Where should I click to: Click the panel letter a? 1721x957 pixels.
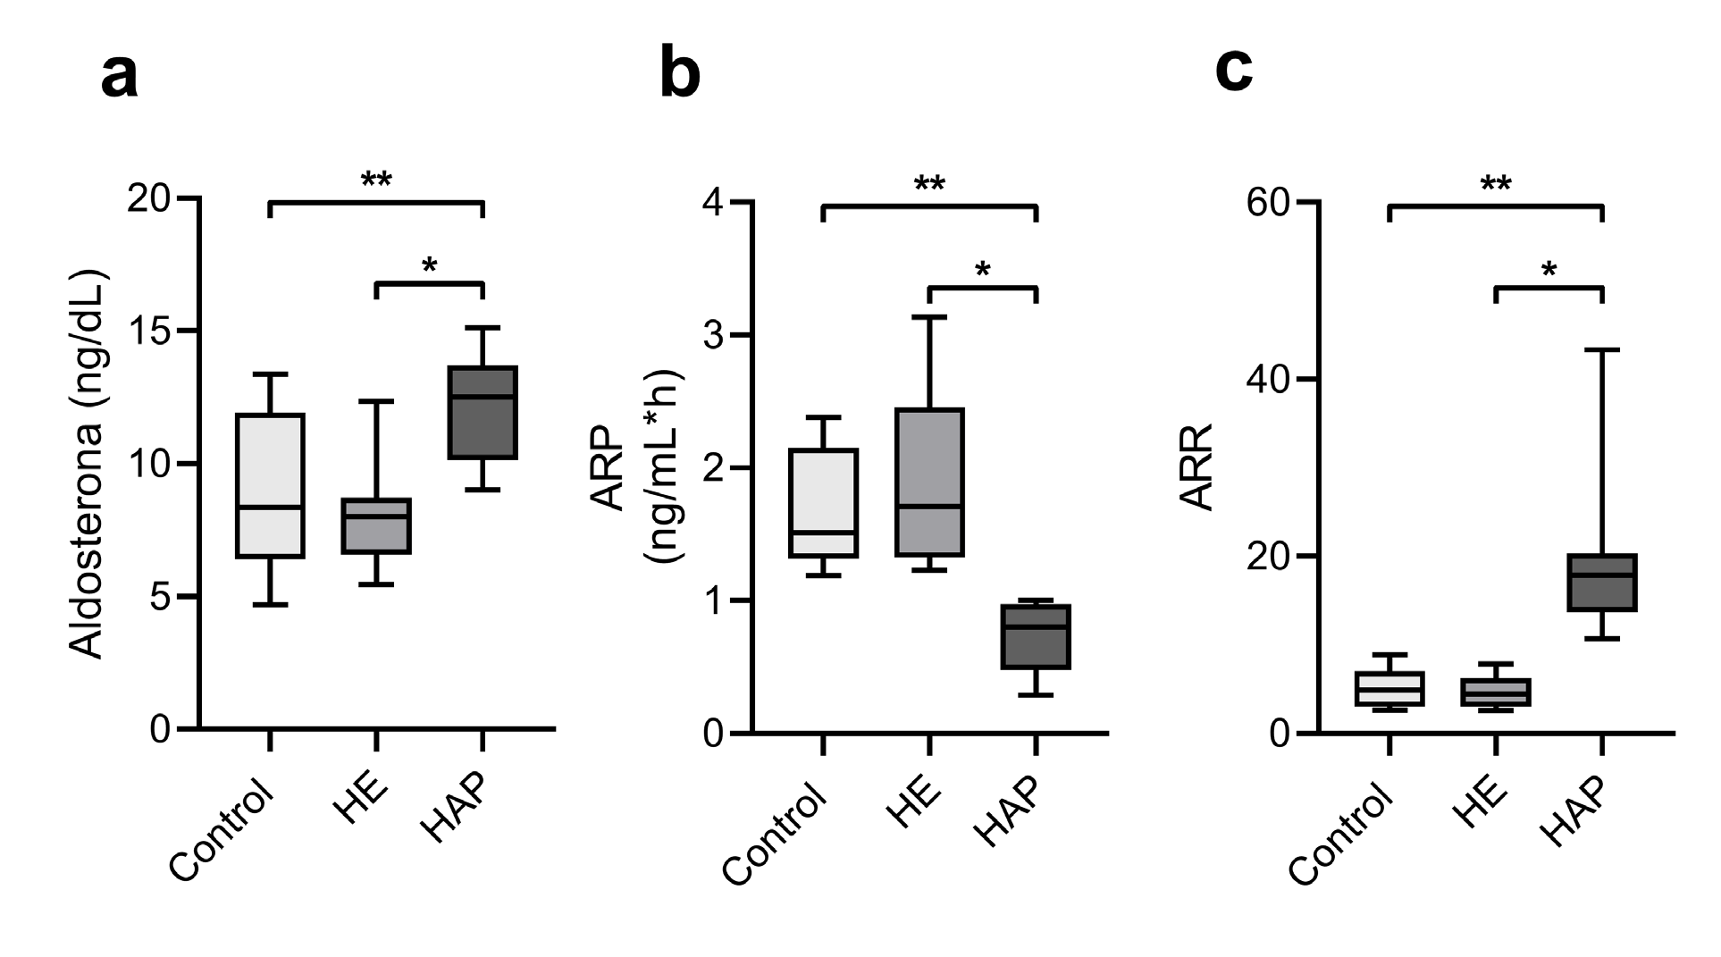click(x=120, y=77)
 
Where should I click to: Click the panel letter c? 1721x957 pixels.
click(x=1234, y=70)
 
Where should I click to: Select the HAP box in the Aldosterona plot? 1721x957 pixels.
click(x=483, y=412)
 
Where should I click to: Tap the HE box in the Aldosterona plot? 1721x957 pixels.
click(x=376, y=525)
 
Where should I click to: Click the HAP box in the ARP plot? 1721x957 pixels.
click(x=1036, y=636)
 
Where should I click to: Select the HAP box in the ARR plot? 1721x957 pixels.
click(x=1602, y=583)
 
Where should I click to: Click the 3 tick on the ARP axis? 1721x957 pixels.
click(x=714, y=335)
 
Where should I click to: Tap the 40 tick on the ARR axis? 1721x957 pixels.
click(x=1269, y=379)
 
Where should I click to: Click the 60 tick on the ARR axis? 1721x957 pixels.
click(x=1269, y=203)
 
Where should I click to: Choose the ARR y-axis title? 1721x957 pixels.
click(x=1196, y=466)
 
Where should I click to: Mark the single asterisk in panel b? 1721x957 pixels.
click(x=983, y=269)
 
